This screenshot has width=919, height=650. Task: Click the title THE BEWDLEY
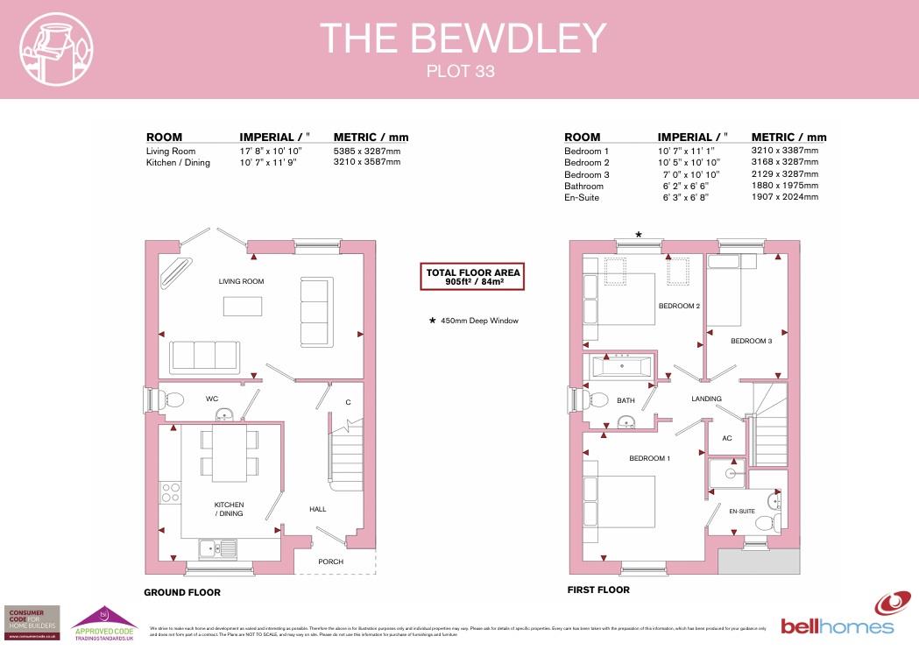click(463, 39)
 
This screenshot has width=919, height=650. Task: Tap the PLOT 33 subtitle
click(460, 72)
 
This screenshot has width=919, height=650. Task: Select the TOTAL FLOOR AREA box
click(472, 277)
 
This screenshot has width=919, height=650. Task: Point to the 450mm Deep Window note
click(473, 321)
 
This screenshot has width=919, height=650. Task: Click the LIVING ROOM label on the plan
click(242, 281)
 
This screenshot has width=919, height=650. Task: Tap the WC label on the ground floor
click(212, 399)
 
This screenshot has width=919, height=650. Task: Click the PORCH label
click(330, 562)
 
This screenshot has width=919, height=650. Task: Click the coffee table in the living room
click(243, 306)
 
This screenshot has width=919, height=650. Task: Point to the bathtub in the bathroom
click(622, 368)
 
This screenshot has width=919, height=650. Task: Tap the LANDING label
click(706, 399)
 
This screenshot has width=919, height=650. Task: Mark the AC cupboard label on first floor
click(726, 438)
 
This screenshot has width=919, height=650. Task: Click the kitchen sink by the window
click(217, 548)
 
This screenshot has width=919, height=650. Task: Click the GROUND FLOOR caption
click(182, 593)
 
